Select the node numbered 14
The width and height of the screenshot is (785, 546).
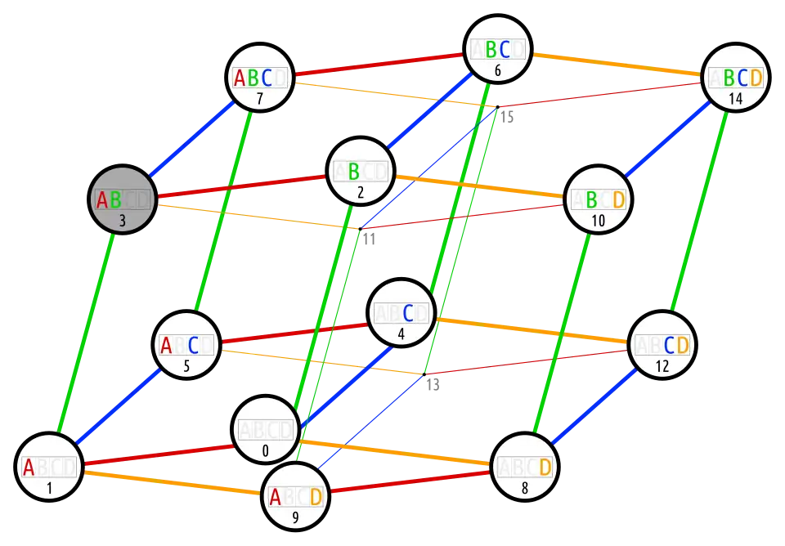coord(735,78)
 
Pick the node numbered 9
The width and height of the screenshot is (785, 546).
coord(295,496)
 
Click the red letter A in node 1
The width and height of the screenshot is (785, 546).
coord(29,468)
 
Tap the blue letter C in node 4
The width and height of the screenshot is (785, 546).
coord(407,313)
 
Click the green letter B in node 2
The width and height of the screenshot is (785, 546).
coord(353,172)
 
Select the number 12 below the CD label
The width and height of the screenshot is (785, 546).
coord(662,366)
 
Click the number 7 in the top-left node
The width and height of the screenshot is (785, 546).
coord(259,99)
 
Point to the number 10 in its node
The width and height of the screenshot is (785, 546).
coord(598,221)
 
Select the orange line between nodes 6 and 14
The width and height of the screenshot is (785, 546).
coord(617,64)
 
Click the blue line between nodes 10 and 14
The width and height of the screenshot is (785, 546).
coord(666,139)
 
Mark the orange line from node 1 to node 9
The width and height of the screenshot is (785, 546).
coord(172,483)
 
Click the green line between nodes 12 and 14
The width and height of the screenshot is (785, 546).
coord(698,213)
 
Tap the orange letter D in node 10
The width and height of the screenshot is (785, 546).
coord(618,199)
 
